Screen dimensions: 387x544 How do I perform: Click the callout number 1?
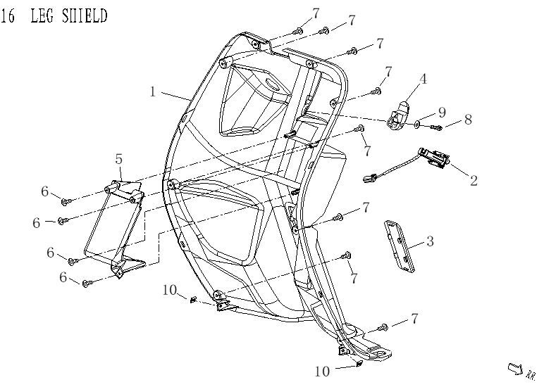153,91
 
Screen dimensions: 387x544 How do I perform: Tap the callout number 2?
474,181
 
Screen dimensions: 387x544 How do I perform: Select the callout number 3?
429,241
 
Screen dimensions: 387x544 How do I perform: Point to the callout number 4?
423,80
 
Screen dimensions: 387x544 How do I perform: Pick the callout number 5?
119,159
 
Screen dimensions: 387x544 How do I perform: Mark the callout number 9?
442,112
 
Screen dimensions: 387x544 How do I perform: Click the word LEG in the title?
43,15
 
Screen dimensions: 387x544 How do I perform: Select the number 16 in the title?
8,15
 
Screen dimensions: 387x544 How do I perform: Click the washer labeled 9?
418,124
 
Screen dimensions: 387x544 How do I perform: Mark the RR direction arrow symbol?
515,368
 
